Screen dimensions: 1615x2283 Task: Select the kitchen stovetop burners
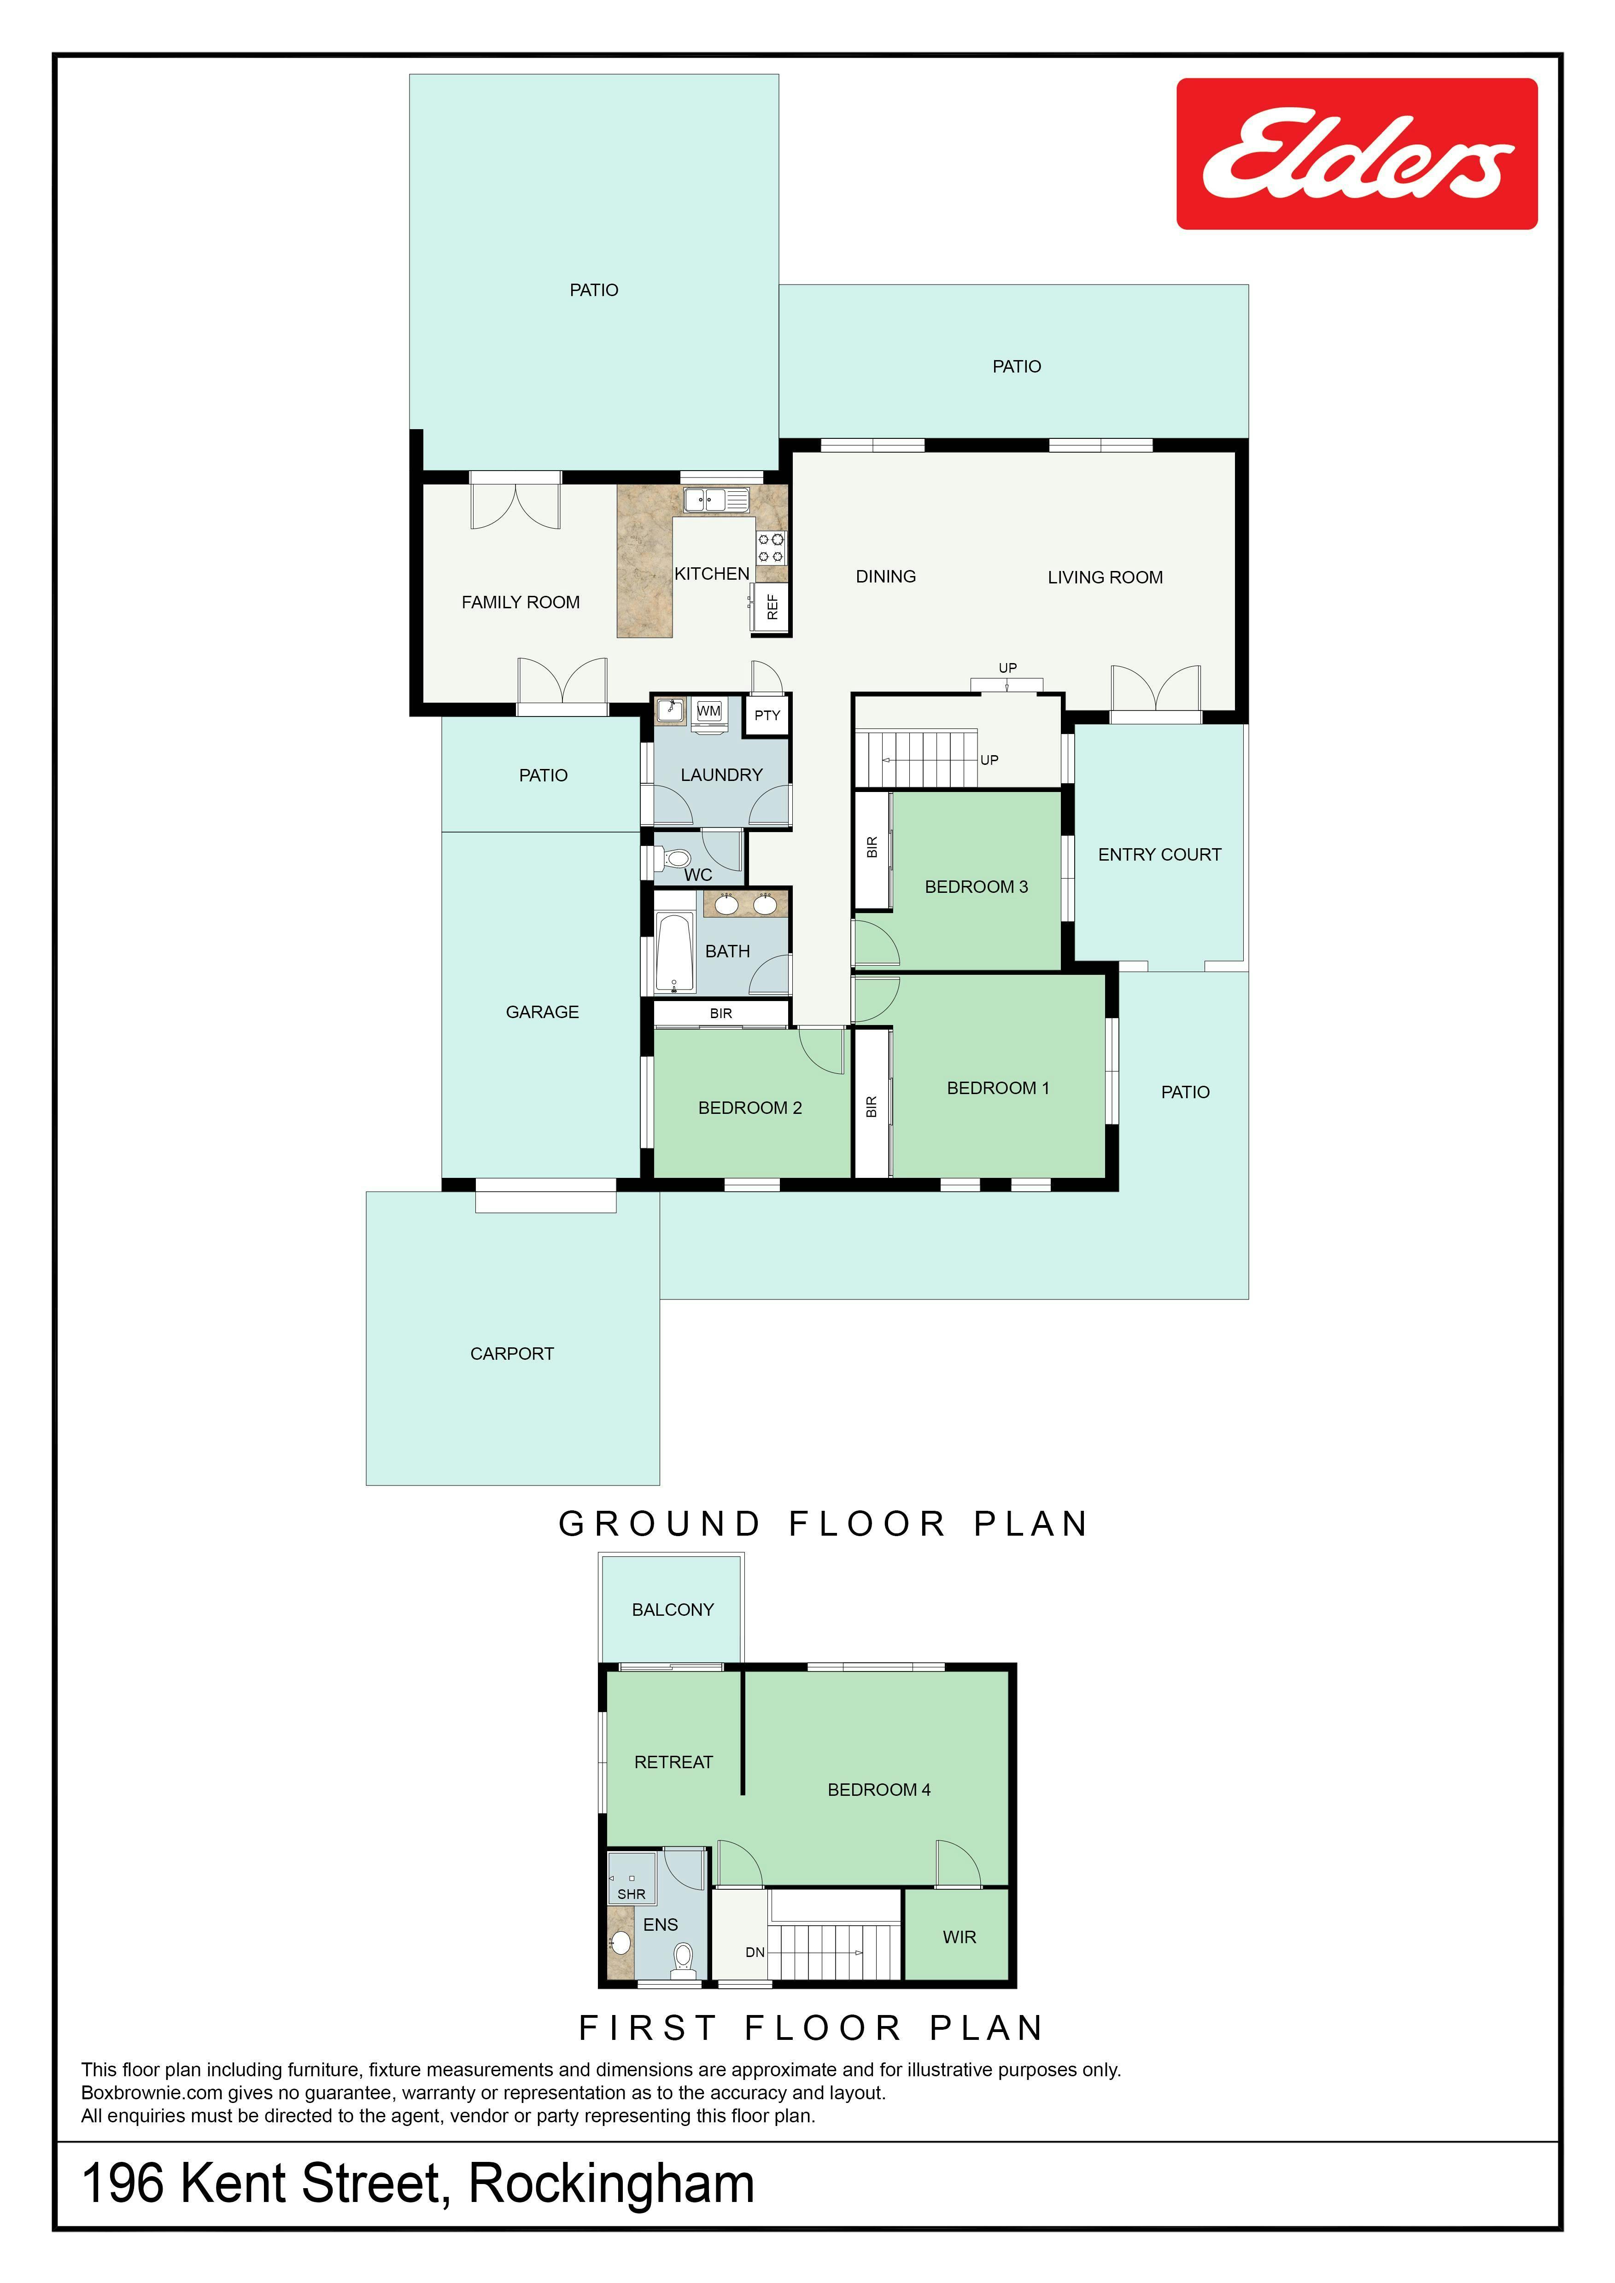point(771,547)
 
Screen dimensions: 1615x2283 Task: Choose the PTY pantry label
point(767,715)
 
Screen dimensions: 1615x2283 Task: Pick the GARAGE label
point(542,1012)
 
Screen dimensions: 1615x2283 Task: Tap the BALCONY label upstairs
point(673,1610)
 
